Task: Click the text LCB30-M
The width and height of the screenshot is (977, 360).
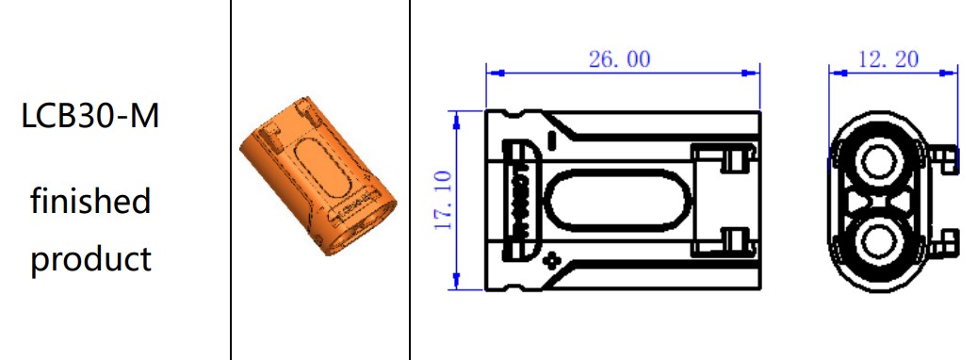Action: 90,116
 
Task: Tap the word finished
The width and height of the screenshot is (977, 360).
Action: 91,200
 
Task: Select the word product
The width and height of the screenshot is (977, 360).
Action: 91,258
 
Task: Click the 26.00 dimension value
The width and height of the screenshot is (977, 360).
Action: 619,59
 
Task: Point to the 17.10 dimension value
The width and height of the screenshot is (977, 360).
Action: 443,200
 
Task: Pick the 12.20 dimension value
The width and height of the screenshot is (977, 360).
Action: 888,59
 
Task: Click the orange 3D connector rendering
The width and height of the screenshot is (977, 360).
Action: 318,176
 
